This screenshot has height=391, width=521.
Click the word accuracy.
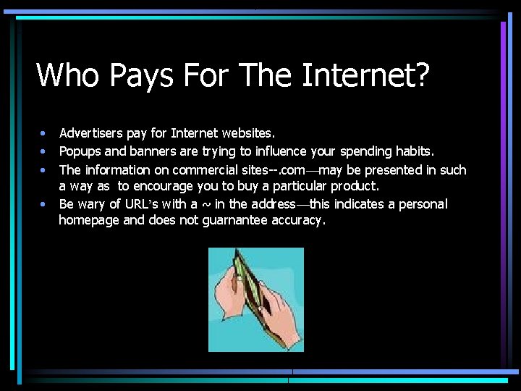(299, 221)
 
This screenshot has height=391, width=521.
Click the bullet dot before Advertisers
(43, 134)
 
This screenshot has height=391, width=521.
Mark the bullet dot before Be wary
(43, 204)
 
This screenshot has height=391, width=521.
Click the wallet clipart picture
(256, 300)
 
